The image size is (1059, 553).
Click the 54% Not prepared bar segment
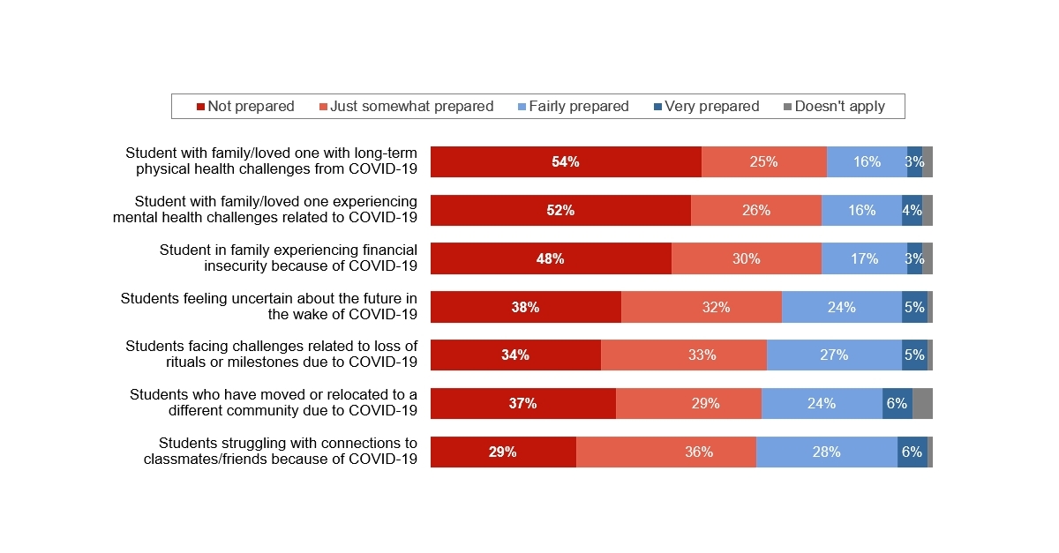coord(566,162)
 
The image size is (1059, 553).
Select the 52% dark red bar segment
coord(560,211)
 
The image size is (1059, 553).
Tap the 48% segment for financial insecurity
coord(551,258)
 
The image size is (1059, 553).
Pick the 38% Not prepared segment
coord(526,307)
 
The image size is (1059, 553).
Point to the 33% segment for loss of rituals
coord(684,355)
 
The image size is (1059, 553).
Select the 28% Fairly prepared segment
coord(827,452)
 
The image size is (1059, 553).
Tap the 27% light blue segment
coord(834,355)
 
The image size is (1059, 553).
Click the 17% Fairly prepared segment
coord(864,258)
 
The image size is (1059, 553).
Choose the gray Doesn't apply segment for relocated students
coord(922,403)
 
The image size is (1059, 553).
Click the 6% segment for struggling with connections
coord(912,452)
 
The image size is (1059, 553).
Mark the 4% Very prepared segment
coord(912,211)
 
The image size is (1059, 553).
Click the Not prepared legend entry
coord(245,107)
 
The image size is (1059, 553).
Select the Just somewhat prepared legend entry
coord(406,107)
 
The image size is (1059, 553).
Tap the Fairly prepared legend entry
coord(573,107)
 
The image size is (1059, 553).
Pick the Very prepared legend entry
coord(706,107)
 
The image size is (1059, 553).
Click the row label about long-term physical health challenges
coord(272,161)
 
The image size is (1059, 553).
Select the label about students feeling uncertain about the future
coord(269,306)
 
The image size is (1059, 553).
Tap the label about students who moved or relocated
coord(274,402)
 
